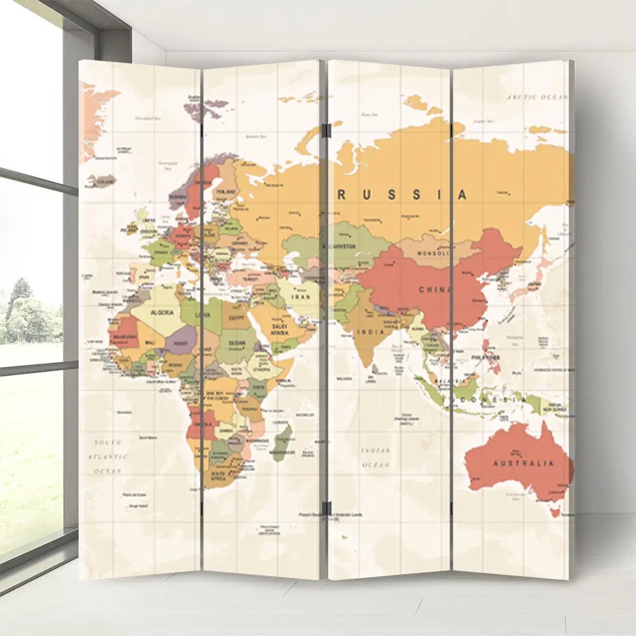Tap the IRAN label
click(301, 297)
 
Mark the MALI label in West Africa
click(150, 342)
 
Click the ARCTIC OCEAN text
click(537, 97)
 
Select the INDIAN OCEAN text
click(376, 458)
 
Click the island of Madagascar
click(283, 443)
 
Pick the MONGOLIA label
click(433, 254)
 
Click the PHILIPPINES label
click(485, 357)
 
